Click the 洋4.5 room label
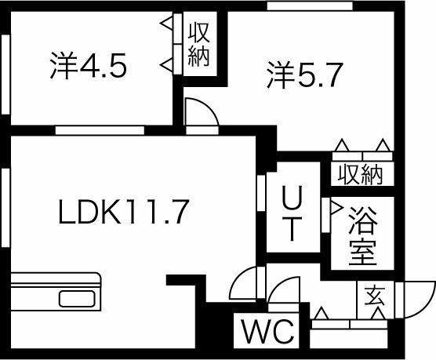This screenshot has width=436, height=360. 89,66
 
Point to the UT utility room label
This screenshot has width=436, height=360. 292,213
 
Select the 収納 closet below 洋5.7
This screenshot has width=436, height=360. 360,174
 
